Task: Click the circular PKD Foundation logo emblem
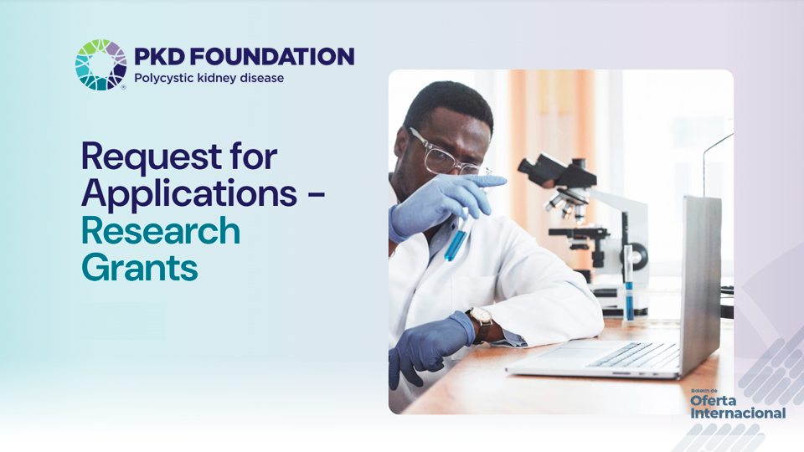point(100,64)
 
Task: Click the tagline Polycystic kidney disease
point(209,79)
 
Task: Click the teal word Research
point(160,231)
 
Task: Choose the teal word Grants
point(139,268)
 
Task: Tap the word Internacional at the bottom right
point(738,413)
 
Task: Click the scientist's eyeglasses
point(444,158)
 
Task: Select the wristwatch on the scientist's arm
point(482,322)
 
